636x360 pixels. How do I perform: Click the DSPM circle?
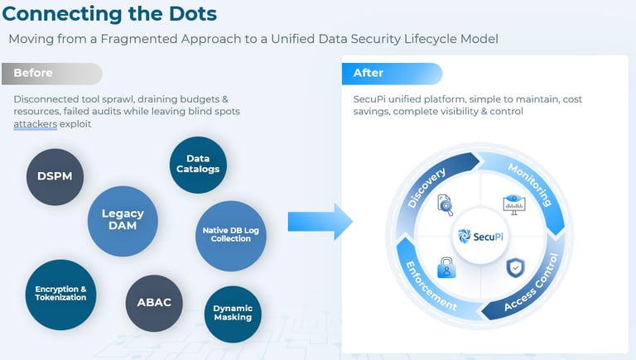point(55,176)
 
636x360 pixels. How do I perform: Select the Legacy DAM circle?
point(123,219)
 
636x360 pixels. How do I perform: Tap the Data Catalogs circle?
point(198,163)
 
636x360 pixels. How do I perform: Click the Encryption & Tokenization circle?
point(60,294)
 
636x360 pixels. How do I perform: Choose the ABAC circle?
point(153,302)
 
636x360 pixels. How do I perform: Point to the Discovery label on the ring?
point(427,189)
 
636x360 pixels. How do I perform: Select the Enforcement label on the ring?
point(430,286)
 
